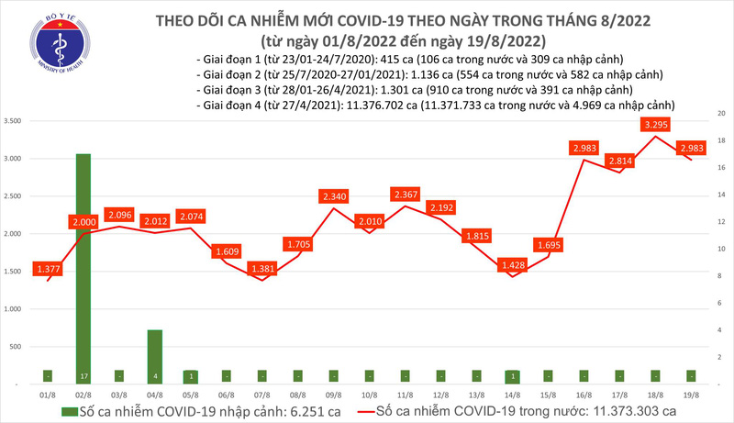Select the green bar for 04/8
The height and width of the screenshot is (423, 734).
pyautogui.click(x=155, y=353)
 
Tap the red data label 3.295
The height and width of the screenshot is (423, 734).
pyautogui.click(x=654, y=124)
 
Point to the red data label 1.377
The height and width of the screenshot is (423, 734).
pyautogui.click(x=47, y=268)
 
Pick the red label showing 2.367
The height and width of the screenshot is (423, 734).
pyautogui.click(x=404, y=195)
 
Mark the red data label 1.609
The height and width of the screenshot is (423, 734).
pyautogui.click(x=226, y=250)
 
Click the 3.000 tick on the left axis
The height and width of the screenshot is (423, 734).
pyautogui.click(x=14, y=159)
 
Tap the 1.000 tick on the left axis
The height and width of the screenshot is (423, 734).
pyautogui.click(x=14, y=309)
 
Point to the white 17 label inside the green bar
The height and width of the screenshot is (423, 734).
pyautogui.click(x=83, y=375)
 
